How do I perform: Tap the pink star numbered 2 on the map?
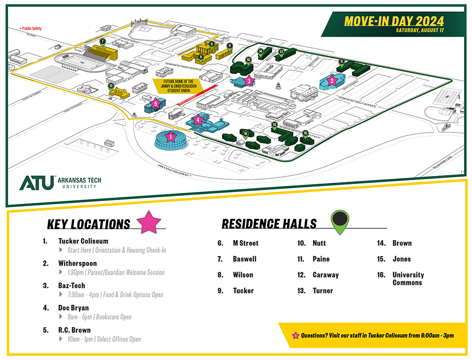tap(332, 80)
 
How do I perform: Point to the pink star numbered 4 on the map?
tap(198, 120)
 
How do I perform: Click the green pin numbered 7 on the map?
tap(102, 42)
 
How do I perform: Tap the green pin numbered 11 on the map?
tap(341, 62)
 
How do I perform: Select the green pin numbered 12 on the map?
tap(111, 87)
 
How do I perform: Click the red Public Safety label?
tap(31, 29)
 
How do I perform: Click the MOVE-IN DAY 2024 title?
tap(394, 21)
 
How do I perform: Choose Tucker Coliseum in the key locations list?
tap(83, 241)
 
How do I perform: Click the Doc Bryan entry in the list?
tap(73, 308)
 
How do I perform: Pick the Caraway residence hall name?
tap(325, 275)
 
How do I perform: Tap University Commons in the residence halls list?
tap(408, 278)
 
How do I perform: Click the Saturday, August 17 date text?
tap(420, 31)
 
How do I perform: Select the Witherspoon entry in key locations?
tap(77, 263)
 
